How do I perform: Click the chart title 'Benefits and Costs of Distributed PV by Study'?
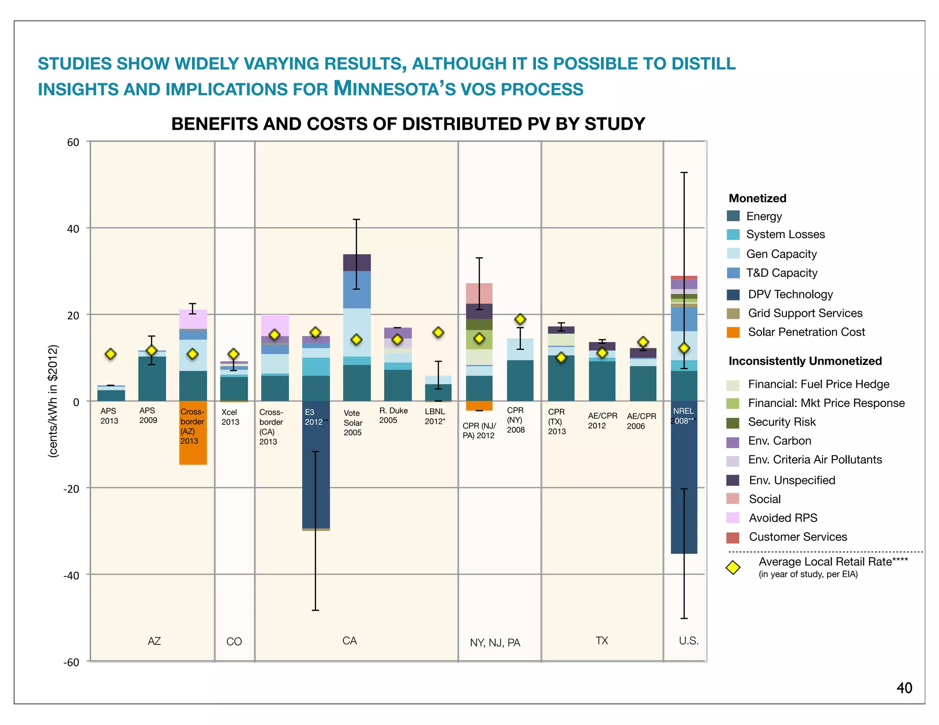(x=408, y=124)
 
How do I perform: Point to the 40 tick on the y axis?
(x=73, y=229)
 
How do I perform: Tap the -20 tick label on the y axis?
(x=71, y=489)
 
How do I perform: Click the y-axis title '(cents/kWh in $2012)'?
(x=54, y=401)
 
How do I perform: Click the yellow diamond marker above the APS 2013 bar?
(x=110, y=354)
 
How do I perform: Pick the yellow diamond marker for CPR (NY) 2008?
(x=520, y=319)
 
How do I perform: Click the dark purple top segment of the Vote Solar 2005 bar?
(x=357, y=262)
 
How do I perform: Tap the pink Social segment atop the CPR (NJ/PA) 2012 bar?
(x=479, y=293)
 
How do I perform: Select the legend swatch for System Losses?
(x=733, y=235)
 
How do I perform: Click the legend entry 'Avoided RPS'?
(x=783, y=518)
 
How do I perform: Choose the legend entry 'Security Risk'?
(x=781, y=422)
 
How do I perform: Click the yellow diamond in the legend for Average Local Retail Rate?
(x=733, y=567)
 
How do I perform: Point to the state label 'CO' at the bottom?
(x=234, y=642)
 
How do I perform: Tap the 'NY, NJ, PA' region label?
(x=495, y=643)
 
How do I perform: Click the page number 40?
(x=904, y=688)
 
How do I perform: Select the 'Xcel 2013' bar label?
(x=230, y=417)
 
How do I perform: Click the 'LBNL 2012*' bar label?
(x=435, y=416)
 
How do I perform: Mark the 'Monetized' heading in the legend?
(x=757, y=198)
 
